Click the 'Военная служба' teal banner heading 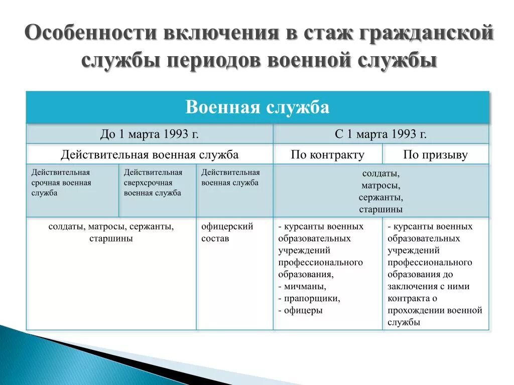(257, 107)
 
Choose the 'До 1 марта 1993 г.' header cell (149, 134)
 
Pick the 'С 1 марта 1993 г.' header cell (380, 134)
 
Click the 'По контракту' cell (327, 154)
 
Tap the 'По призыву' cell (435, 154)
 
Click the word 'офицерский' (227, 227)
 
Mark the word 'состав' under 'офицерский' (215, 239)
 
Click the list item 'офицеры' (303, 311)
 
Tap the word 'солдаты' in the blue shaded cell (380, 173)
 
